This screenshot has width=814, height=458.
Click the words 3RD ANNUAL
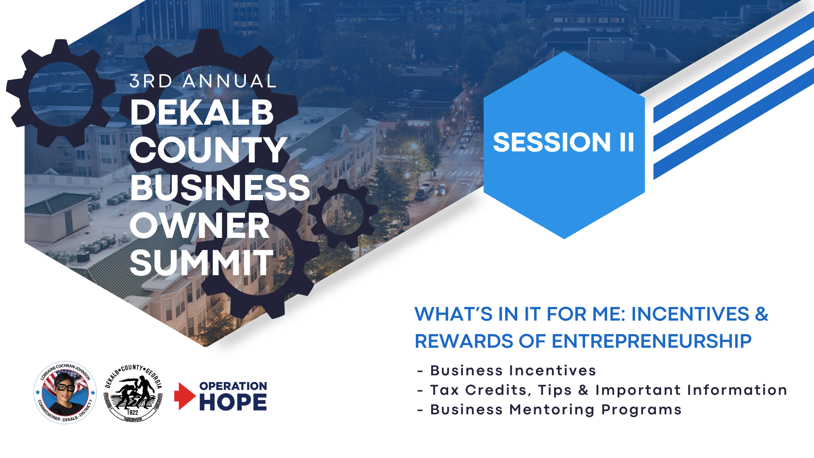click(x=203, y=81)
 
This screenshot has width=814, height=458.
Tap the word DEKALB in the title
click(x=202, y=112)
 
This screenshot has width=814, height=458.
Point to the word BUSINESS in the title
click(x=220, y=187)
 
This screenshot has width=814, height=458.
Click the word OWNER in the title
click(x=200, y=225)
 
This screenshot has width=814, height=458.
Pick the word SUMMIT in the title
click(x=202, y=263)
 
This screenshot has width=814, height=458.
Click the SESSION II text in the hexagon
click(x=563, y=142)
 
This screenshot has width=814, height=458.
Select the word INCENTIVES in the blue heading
click(x=690, y=314)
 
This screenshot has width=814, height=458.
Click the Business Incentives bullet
click(x=507, y=371)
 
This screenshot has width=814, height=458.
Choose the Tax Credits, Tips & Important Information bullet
click(x=602, y=390)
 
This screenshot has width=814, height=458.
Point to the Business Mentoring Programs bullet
click(x=549, y=410)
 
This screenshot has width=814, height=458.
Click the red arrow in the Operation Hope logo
click(x=184, y=396)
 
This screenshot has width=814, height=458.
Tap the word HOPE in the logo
click(x=233, y=402)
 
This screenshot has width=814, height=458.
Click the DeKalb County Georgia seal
click(x=133, y=393)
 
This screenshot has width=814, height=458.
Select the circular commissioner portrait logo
click(x=65, y=393)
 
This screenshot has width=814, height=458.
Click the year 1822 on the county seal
click(x=132, y=412)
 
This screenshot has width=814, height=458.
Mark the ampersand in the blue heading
click(x=761, y=314)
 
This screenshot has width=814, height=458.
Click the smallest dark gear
click(x=343, y=214)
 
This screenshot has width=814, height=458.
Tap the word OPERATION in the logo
click(x=233, y=386)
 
